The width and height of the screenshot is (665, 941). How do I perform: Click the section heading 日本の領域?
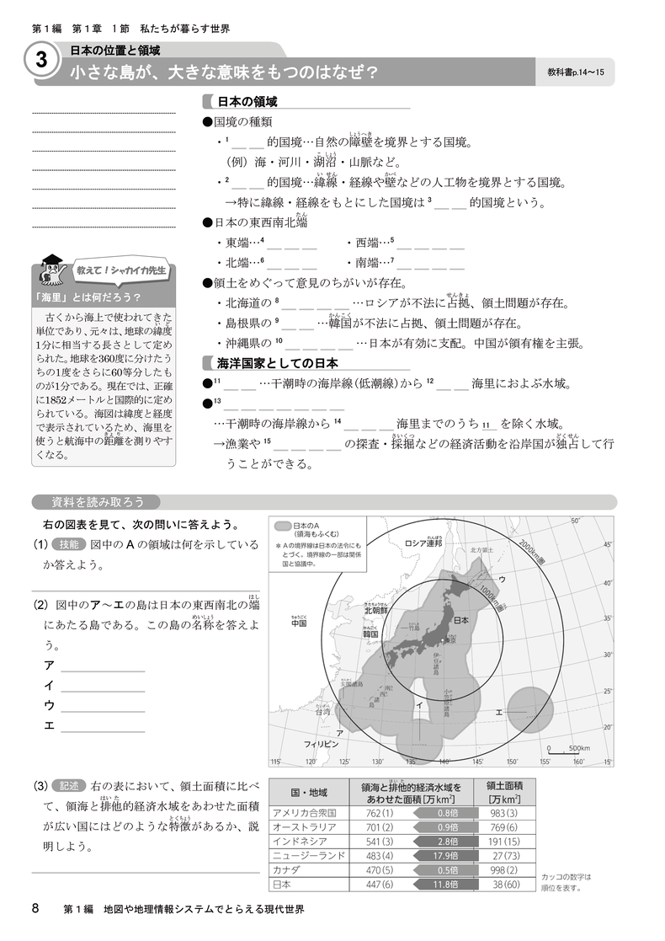click(x=247, y=102)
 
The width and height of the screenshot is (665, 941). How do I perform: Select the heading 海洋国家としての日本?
click(x=277, y=364)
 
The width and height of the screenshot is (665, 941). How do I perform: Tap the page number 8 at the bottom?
click(x=35, y=908)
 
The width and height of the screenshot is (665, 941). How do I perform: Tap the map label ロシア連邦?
click(x=423, y=543)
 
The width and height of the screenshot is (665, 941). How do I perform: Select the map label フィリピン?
click(x=321, y=745)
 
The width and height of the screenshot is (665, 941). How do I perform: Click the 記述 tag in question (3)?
click(x=70, y=786)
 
